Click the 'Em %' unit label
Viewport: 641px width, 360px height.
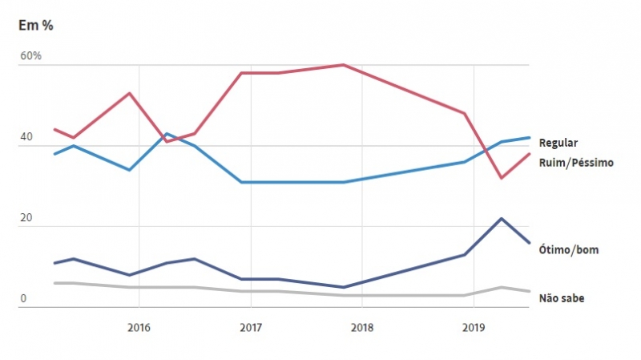35,25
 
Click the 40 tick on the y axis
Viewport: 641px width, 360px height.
27,138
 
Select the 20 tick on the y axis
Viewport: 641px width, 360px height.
26,218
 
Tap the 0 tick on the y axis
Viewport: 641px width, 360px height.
23,299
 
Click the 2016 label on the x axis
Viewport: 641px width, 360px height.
139,326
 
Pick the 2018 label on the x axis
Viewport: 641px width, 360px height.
362,326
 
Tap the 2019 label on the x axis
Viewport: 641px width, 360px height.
474,326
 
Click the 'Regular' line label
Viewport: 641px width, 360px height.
558,143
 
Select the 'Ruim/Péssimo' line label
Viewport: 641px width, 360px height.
576,163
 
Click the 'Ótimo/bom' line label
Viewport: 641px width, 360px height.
569,250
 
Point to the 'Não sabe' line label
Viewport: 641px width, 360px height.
562,298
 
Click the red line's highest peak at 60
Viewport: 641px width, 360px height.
343,65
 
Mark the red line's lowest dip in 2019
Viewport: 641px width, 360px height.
502,178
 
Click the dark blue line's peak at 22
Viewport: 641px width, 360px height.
502,218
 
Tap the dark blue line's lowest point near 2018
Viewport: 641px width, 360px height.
343,287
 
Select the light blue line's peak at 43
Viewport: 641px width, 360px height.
166,134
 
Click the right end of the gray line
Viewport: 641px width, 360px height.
529,291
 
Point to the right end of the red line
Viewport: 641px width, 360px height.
529,154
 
